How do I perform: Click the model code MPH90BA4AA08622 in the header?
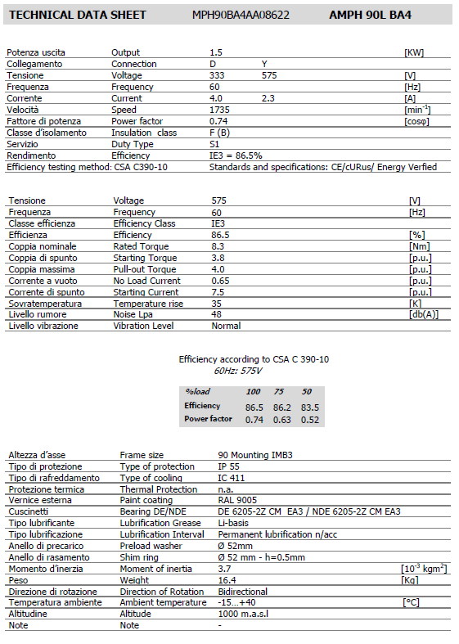point(241,15)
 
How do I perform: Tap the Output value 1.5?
point(216,52)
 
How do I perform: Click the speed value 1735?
point(219,110)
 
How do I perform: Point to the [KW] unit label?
point(414,52)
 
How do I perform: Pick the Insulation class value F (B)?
point(219,133)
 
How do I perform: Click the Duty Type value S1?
point(214,144)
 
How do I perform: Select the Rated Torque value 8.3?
point(218,246)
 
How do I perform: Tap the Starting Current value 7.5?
point(218,292)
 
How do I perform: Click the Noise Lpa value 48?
point(217,315)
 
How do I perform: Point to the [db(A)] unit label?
point(423,315)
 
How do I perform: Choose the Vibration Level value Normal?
point(226,326)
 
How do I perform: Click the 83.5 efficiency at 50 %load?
point(310,407)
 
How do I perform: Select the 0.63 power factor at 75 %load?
point(282,420)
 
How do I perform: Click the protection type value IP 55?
point(229,466)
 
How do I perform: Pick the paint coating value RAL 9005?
point(236,500)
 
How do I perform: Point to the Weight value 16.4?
point(227,580)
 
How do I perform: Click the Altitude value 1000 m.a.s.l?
point(245,614)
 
